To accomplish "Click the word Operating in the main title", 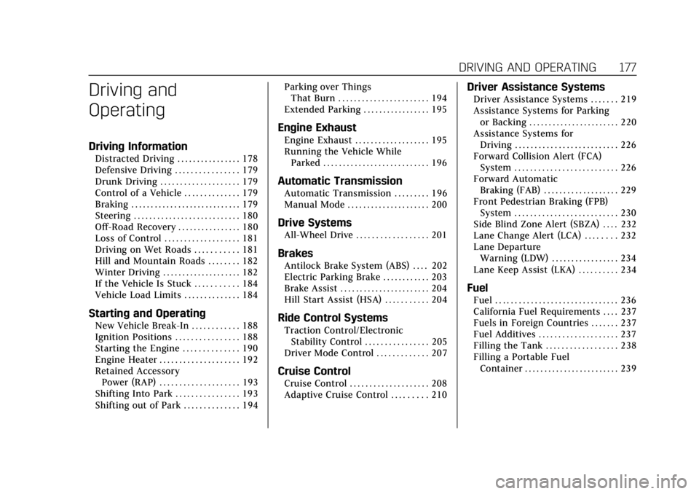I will click(x=125, y=110).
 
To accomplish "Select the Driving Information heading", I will click(x=138, y=146).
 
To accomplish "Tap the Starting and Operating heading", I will click(x=146, y=313).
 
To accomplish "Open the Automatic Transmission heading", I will click(x=340, y=181).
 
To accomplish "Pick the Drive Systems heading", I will click(x=315, y=223).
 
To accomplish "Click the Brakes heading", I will click(x=295, y=254).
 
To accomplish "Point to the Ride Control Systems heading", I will click(x=332, y=318).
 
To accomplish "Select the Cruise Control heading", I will click(x=314, y=371).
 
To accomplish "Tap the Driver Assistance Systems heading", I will click(x=535, y=87).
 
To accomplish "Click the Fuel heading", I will click(x=477, y=288).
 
